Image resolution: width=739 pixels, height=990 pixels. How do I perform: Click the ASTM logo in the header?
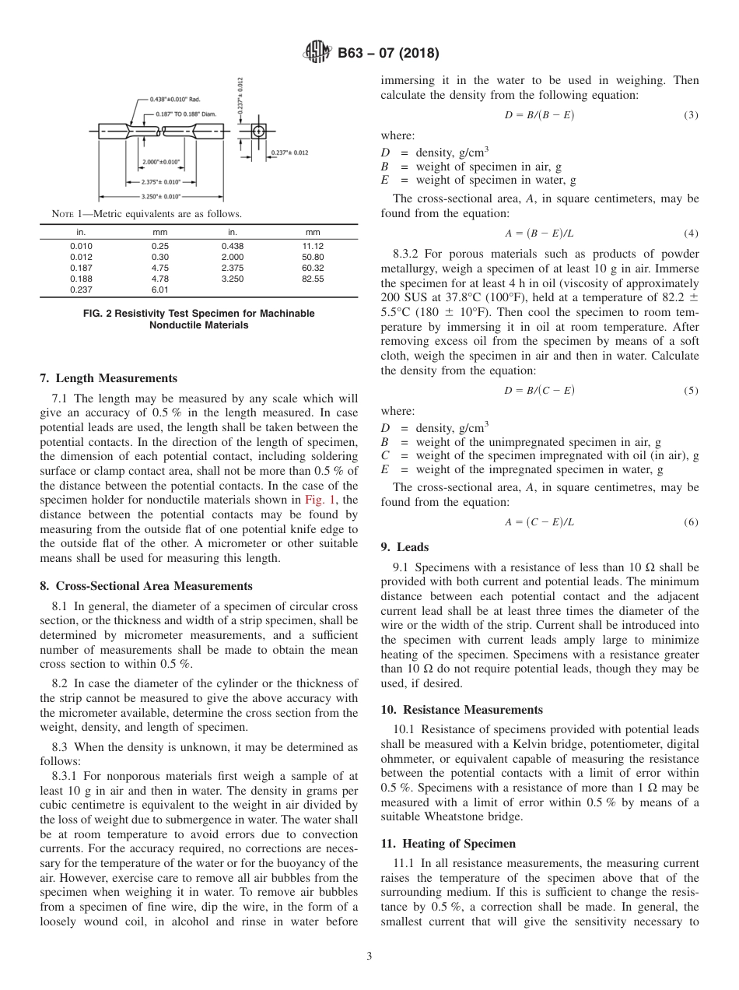pyautogui.click(x=316, y=54)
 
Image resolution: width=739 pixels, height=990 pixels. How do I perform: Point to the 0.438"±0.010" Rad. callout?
pyautogui.click(x=176, y=99)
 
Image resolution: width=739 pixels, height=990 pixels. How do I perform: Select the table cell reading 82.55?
pyautogui.click(x=313, y=279)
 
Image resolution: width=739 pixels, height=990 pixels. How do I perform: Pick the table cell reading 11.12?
pyautogui.click(x=313, y=244)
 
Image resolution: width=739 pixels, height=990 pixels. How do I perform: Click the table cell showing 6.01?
pyautogui.click(x=160, y=290)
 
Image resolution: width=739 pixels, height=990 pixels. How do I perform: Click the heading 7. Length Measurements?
pyautogui.click(x=108, y=378)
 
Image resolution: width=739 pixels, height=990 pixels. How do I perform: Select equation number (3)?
pyautogui.click(x=691, y=115)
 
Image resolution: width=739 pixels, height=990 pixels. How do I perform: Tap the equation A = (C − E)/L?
pyautogui.click(x=539, y=522)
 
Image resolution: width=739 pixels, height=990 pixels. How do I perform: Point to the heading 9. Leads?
pyautogui.click(x=405, y=547)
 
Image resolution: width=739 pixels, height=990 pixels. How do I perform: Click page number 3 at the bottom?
pyautogui.click(x=369, y=957)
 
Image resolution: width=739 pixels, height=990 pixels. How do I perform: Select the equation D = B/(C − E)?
pyautogui.click(x=539, y=390)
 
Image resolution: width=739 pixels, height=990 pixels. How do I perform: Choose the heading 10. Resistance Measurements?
pyautogui.click(x=461, y=710)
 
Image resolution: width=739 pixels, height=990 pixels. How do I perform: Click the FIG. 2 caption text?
pyautogui.click(x=198, y=318)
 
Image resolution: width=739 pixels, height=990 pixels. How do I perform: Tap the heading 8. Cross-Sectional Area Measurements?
pyautogui.click(x=145, y=586)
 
